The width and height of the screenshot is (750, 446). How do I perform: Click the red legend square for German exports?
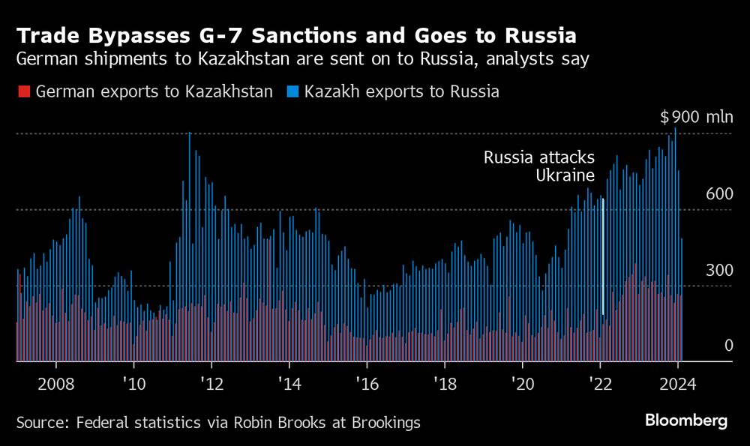pos(22,91)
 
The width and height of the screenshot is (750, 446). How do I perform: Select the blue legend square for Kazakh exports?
pos(292,91)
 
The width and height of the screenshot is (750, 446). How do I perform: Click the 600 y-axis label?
pos(718,194)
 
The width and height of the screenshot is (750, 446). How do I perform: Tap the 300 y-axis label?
pos(718,270)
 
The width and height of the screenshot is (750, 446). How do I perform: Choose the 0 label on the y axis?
pos(727,346)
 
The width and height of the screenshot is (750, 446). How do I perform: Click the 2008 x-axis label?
pos(55,384)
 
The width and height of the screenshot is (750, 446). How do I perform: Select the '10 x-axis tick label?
pos(133,384)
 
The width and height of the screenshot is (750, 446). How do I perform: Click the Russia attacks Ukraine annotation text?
pos(539,166)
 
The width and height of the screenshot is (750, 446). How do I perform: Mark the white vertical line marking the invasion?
pos(603,255)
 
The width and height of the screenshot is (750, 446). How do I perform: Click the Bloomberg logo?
pos(686,421)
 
